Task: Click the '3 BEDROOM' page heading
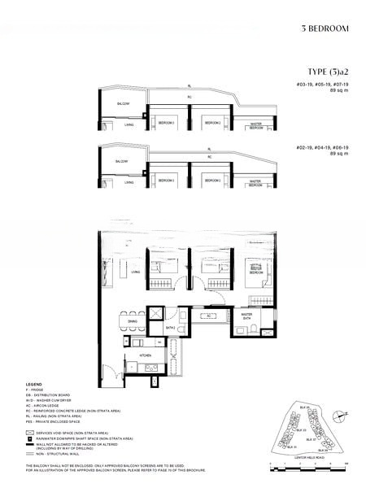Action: click(x=325, y=28)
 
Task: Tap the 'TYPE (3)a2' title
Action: click(x=327, y=72)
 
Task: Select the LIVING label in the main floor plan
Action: click(x=135, y=272)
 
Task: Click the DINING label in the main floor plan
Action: click(x=133, y=321)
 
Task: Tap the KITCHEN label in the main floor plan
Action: click(x=146, y=355)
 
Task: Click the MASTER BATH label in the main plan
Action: click(x=246, y=316)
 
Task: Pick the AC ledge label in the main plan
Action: click(x=209, y=315)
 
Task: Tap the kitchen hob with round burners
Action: click(x=150, y=369)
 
